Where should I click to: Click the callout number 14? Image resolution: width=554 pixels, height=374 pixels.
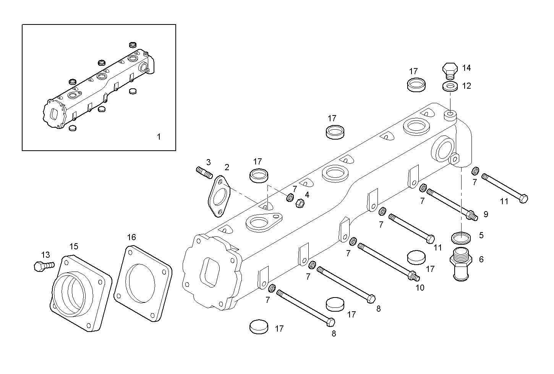coord(466,68)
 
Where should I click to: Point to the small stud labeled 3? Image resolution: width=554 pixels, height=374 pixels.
coord(204,173)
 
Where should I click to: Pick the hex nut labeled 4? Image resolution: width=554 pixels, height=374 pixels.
coord(300,203)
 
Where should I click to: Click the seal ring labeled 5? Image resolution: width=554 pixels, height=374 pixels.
coord(461,237)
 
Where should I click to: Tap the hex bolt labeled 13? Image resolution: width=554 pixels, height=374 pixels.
coord(42,266)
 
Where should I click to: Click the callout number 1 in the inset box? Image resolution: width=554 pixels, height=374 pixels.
coord(159,137)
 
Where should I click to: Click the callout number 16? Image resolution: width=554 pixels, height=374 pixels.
coord(131,237)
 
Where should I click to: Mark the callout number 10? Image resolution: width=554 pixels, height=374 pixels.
coord(420,288)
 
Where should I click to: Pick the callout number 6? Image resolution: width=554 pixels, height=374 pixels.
coord(481,259)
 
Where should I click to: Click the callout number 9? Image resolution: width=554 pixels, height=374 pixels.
coord(486,215)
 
